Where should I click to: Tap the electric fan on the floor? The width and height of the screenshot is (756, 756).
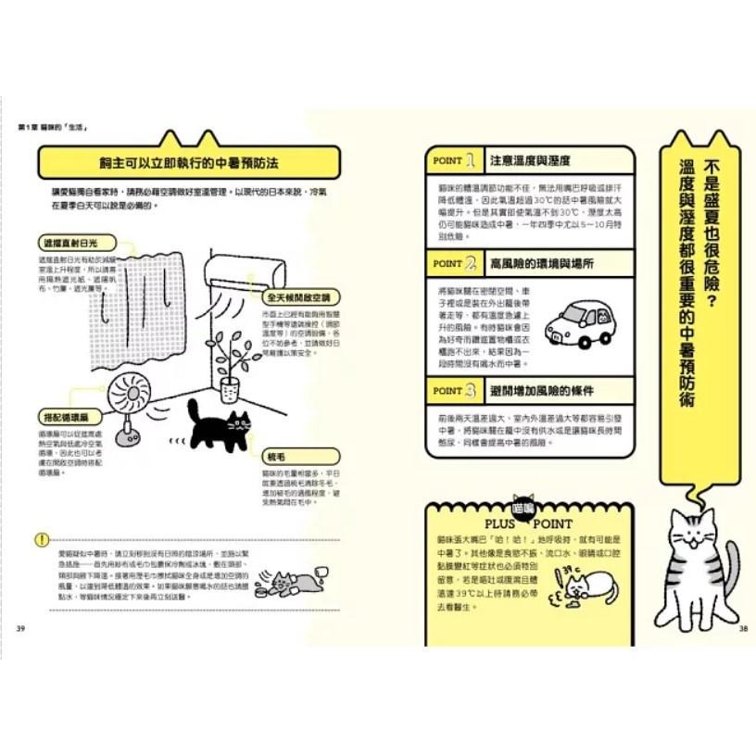tap(131, 398)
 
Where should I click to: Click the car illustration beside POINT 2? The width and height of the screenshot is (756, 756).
tap(579, 321)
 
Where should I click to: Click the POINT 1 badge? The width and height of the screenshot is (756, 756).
tap(455, 160)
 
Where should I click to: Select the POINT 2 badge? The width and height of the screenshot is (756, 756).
tap(455, 263)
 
